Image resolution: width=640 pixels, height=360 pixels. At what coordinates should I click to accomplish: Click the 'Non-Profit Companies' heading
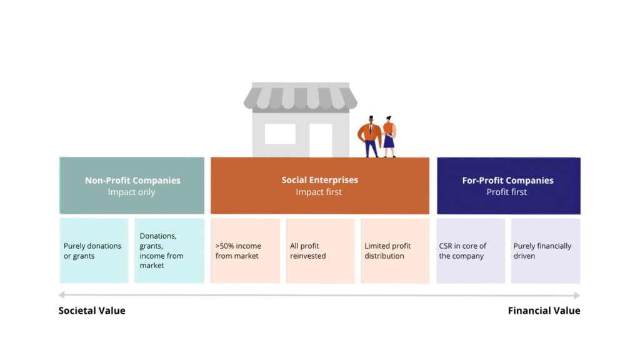coord(132,181)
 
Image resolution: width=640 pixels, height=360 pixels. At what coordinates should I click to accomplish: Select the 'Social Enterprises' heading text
coord(319,180)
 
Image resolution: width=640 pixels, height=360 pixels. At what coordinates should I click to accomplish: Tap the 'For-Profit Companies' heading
coord(507,181)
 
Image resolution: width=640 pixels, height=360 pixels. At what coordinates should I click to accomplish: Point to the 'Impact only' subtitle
coord(131,192)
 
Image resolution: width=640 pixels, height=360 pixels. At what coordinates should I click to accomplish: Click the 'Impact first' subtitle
coord(319,192)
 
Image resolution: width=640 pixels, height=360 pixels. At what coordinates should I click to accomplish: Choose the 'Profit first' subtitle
coord(506,192)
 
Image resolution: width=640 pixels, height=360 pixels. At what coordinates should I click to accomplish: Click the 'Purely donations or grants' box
coord(94,251)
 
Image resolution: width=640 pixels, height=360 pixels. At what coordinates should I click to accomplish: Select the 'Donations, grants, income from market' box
coord(169,251)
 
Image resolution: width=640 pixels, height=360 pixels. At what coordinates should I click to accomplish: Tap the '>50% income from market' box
coord(245,251)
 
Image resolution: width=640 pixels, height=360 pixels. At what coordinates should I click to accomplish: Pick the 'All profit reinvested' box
coord(321,251)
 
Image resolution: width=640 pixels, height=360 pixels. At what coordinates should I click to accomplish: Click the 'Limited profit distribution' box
coord(395,251)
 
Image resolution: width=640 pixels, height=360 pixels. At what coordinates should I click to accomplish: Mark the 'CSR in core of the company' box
coord(471,251)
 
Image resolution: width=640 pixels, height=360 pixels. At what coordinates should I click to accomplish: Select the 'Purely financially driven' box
coord(546,251)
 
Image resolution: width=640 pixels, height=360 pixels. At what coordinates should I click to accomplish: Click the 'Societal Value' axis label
coord(92,311)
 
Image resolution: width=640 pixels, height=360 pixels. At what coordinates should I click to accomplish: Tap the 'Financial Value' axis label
coord(544,311)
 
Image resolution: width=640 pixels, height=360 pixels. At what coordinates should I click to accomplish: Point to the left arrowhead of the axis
coord(62,295)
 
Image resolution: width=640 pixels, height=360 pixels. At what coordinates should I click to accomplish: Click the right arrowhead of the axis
coord(577,295)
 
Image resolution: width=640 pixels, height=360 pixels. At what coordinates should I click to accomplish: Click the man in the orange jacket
coord(370,136)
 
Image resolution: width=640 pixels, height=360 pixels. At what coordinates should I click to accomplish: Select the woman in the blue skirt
coord(389,137)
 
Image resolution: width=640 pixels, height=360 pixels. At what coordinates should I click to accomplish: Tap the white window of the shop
coord(280,134)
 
